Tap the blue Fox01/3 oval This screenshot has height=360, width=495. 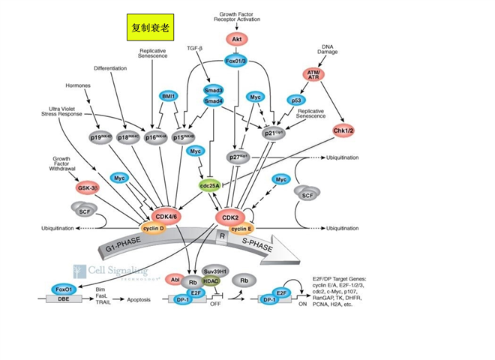(236, 60)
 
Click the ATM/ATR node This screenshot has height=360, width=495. (314, 74)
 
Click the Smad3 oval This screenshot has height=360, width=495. (213, 89)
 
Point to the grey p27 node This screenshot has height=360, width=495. (239, 157)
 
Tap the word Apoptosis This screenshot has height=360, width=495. (139, 300)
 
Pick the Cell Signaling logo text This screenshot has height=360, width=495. (120, 271)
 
